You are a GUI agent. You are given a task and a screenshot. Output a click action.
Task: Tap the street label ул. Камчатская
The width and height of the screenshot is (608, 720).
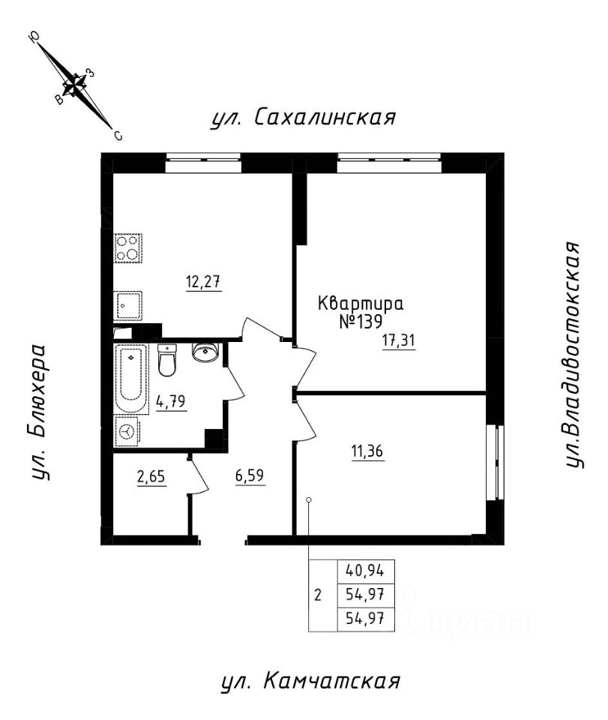(310, 682)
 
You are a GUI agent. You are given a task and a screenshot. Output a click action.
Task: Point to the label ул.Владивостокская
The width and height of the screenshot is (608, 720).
(574, 355)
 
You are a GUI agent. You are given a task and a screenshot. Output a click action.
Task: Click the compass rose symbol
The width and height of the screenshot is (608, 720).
(74, 85)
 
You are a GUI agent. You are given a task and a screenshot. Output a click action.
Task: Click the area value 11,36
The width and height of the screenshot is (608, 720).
(367, 451)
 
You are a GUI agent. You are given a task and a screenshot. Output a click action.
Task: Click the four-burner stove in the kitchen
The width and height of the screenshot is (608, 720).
(128, 248)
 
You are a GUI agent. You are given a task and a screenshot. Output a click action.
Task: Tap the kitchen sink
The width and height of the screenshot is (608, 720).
(127, 304)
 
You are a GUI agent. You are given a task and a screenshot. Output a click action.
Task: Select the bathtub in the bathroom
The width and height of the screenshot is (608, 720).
(132, 378)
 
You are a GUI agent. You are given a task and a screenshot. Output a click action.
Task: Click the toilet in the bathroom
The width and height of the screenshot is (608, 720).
(168, 361)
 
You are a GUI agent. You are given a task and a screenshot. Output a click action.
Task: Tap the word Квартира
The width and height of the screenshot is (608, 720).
(361, 304)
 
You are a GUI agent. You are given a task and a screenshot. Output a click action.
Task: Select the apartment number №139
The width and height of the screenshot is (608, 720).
(361, 321)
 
